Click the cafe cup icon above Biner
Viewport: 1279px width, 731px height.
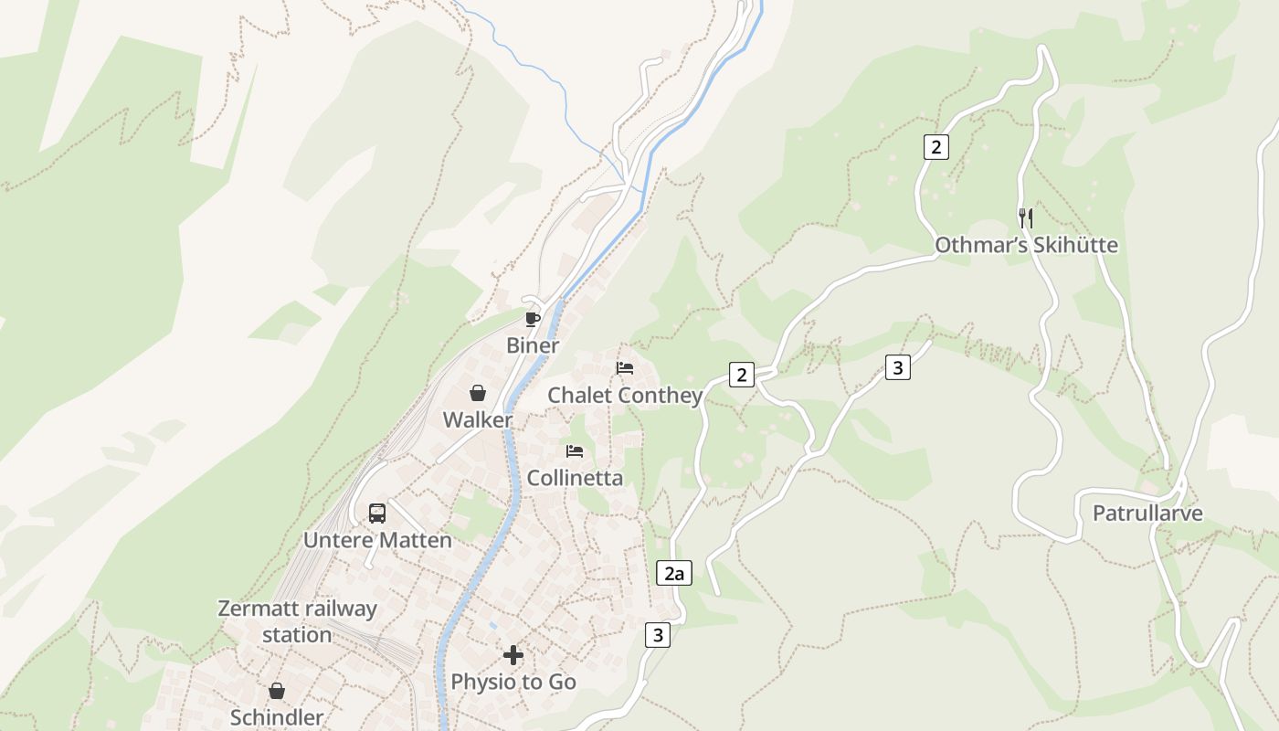(x=533, y=319)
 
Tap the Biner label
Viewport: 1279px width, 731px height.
(x=533, y=346)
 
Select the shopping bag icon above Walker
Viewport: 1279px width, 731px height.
(x=477, y=393)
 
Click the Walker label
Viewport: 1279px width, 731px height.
(x=477, y=420)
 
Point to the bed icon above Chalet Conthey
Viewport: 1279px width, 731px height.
(x=625, y=368)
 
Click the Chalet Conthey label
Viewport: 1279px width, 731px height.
(x=625, y=396)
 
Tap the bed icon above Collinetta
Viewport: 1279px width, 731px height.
(x=575, y=450)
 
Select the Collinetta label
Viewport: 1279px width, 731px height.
(x=575, y=478)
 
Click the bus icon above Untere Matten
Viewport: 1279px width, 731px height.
(x=377, y=513)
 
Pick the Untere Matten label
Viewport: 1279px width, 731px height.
(x=377, y=540)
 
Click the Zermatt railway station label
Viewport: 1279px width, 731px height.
(x=297, y=621)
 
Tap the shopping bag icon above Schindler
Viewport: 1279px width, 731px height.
(x=277, y=691)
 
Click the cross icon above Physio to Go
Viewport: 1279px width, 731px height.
(x=513, y=654)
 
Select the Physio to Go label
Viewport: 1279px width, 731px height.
(x=513, y=682)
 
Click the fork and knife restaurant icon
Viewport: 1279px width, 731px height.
(x=1026, y=217)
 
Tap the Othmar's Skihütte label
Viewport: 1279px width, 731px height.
(x=1026, y=245)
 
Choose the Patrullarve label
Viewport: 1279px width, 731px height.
(x=1147, y=513)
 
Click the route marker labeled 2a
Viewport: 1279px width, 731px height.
(x=674, y=574)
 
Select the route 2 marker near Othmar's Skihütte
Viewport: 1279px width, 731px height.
(x=935, y=146)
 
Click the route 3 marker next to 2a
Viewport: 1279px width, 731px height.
(x=657, y=634)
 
